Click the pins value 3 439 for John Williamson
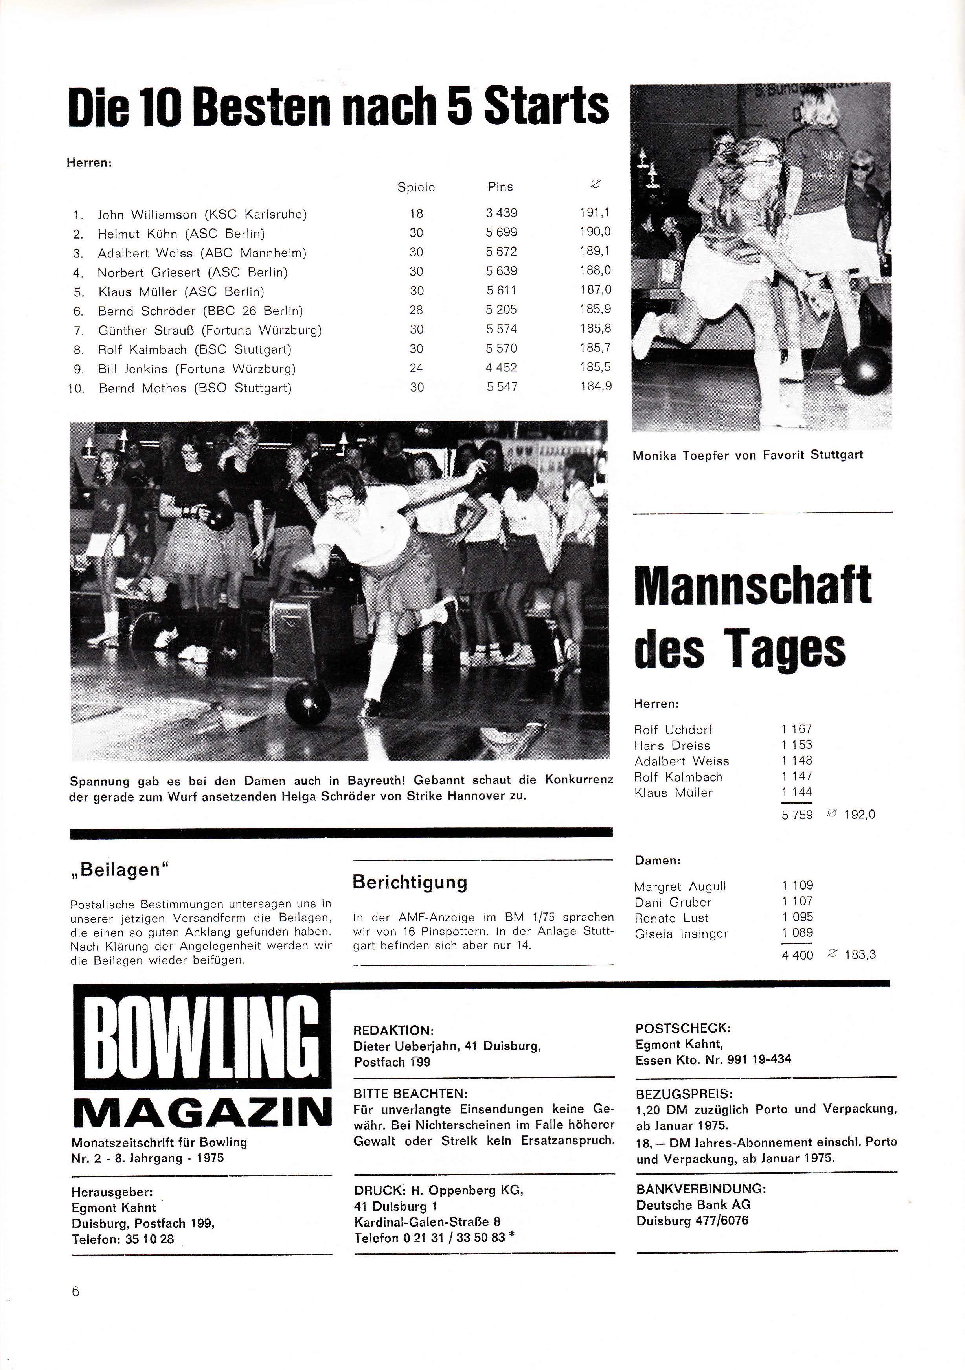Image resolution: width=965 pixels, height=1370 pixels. click(501, 213)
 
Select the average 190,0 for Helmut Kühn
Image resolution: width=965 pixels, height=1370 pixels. click(595, 232)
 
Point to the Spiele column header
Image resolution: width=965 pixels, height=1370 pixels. click(416, 188)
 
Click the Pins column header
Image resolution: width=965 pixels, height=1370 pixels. click(500, 187)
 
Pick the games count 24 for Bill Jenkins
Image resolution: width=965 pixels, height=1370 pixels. click(416, 368)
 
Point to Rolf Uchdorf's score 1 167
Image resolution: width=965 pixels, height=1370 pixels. click(797, 729)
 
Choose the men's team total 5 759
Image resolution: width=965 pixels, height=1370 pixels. click(797, 815)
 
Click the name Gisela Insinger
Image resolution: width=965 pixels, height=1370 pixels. click(681, 934)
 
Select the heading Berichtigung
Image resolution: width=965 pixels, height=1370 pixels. click(410, 882)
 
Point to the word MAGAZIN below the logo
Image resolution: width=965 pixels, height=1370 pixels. click(202, 1113)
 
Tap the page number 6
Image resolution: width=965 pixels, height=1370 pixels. click(75, 1292)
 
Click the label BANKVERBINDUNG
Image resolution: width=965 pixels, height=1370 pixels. click(700, 1189)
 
